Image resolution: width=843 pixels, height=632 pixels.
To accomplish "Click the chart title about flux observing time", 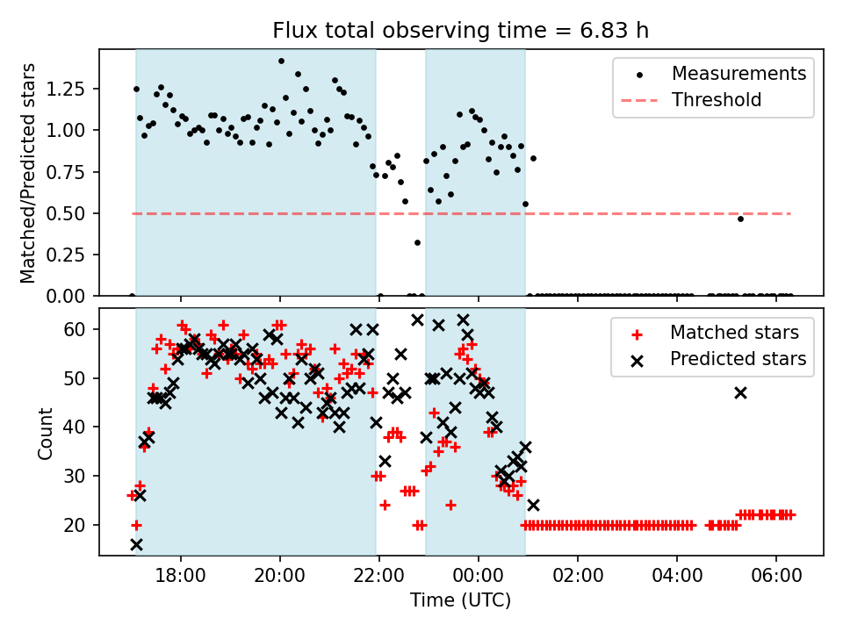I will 461,32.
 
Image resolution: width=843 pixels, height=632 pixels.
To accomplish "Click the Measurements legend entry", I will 739,74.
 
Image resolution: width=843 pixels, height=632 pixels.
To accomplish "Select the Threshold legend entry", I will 717,100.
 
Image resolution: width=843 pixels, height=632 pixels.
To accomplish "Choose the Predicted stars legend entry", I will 738,359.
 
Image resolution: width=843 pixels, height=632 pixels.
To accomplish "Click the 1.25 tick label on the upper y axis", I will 69,89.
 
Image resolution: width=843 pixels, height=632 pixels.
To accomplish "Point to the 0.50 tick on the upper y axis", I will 69,213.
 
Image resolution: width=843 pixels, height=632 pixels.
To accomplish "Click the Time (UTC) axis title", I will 460,601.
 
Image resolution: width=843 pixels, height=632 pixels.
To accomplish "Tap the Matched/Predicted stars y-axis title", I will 28,173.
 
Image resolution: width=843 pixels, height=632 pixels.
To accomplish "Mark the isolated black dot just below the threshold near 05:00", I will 740,219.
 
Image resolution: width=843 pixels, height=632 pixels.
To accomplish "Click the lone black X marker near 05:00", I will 740,392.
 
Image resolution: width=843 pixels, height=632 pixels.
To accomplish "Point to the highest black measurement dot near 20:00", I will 281,61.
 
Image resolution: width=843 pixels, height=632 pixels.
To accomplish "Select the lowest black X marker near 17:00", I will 136,544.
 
